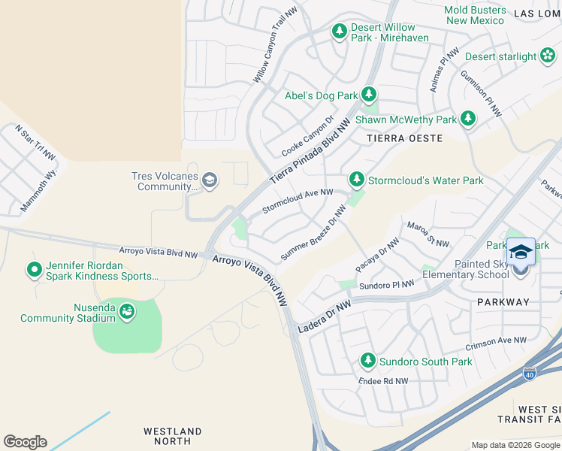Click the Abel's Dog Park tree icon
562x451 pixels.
coord(368,95)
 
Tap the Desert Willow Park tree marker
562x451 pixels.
coord(340,31)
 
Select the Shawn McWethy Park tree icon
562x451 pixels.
coord(468,118)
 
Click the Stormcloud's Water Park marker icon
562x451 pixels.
coord(356,180)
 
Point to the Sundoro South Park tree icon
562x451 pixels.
coord(367,361)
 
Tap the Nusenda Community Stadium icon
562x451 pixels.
coord(127,310)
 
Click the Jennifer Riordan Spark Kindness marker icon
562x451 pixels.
coord(34,268)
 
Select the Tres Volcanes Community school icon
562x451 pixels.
coord(210,180)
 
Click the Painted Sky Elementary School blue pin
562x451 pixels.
coord(521,252)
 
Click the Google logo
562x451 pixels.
coord(25,442)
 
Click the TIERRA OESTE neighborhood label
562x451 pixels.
coord(404,138)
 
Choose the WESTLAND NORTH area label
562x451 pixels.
coord(173,437)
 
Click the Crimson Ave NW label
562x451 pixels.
coord(497,342)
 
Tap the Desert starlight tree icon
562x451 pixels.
coord(546,56)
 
